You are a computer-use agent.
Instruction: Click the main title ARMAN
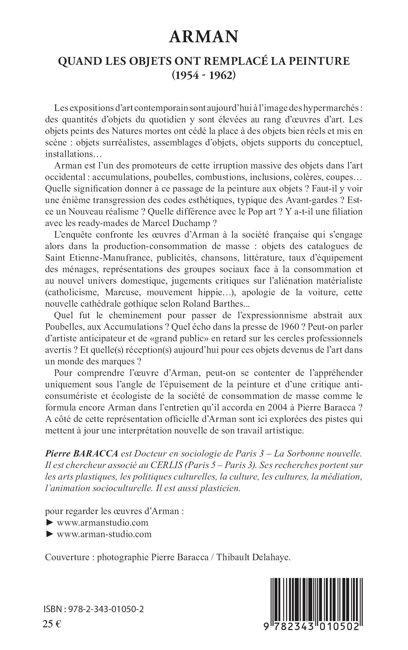204,37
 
